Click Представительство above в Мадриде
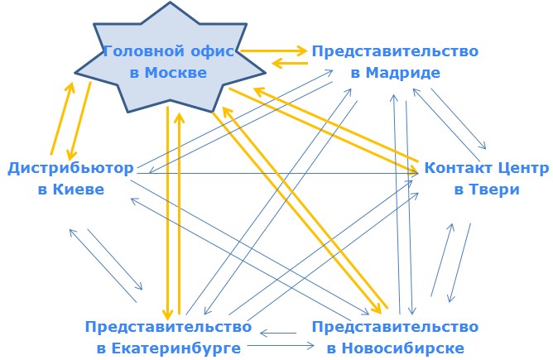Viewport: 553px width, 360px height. pyautogui.click(x=395, y=51)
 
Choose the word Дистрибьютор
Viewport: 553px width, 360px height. pyautogui.click(x=70, y=169)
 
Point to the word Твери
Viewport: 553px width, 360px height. pyautogui.click(x=496, y=190)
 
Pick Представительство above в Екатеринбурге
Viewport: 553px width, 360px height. pyautogui.click(x=167, y=325)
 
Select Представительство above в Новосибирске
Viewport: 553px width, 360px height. pyautogui.click(x=395, y=325)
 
